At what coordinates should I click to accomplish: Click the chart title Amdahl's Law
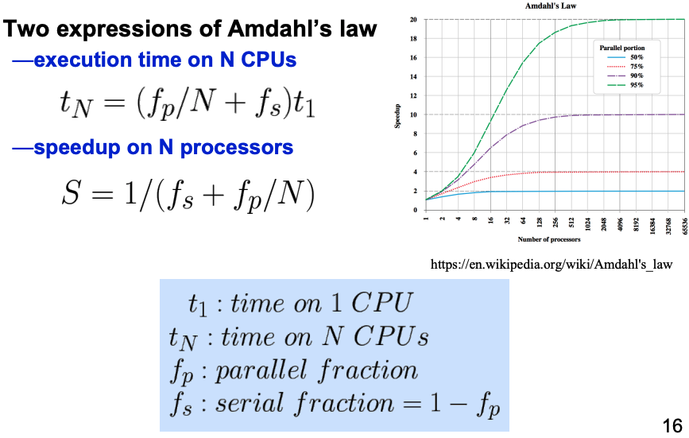550,6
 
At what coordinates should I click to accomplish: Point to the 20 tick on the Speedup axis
413,19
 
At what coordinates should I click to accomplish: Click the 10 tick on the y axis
413,114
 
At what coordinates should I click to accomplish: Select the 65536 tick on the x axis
684,226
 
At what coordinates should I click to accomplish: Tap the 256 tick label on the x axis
555,222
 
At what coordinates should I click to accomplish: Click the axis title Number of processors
549,239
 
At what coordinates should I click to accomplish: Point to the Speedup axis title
397,116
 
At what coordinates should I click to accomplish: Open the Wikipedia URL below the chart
552,264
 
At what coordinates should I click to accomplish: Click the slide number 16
672,426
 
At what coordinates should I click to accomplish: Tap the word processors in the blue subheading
236,148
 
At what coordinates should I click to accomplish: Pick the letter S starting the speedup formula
71,193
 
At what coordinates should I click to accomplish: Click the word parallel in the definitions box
261,370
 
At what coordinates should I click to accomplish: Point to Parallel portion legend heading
622,48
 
